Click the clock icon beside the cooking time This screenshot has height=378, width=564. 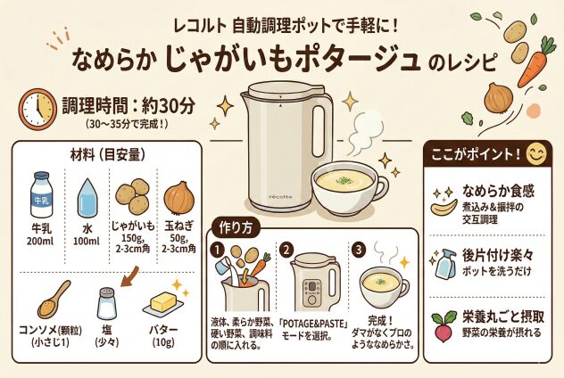(x=37, y=109)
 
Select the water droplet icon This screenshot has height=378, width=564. (x=87, y=198)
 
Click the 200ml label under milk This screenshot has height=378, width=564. (x=40, y=241)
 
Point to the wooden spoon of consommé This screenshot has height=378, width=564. (x=54, y=300)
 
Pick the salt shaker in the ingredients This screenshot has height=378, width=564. (x=107, y=303)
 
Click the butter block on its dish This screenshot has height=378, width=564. (x=163, y=303)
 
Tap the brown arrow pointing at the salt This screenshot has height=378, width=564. (x=129, y=276)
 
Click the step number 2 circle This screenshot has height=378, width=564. (x=286, y=251)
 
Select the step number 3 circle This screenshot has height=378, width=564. (x=359, y=251)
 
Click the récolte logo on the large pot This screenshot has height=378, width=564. (x=281, y=196)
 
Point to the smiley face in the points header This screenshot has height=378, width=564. (x=536, y=154)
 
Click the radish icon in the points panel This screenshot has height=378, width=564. (x=444, y=326)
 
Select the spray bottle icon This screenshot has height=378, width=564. (x=444, y=264)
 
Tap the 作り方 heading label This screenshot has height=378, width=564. (x=236, y=228)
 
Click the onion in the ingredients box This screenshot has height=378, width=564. (x=179, y=198)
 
